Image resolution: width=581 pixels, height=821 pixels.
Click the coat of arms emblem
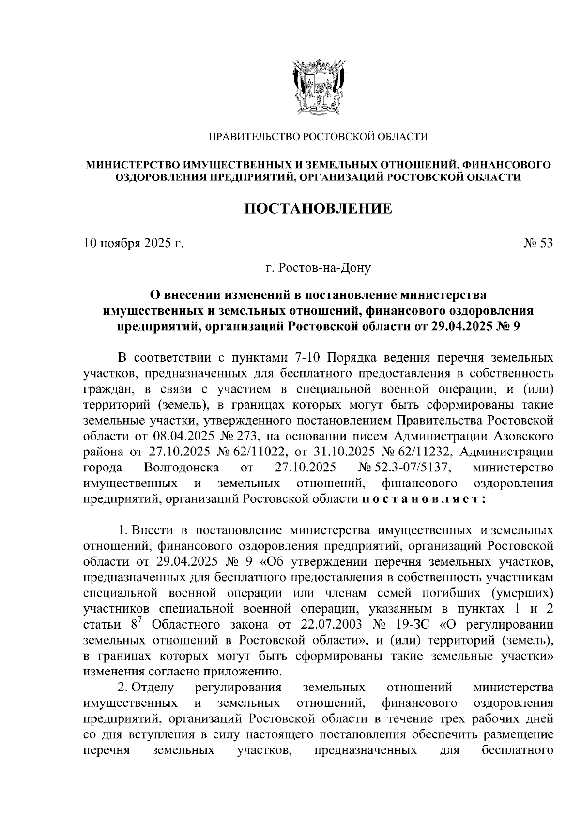(318, 86)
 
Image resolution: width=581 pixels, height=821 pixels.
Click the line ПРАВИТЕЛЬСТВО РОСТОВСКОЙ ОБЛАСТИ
(318, 137)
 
